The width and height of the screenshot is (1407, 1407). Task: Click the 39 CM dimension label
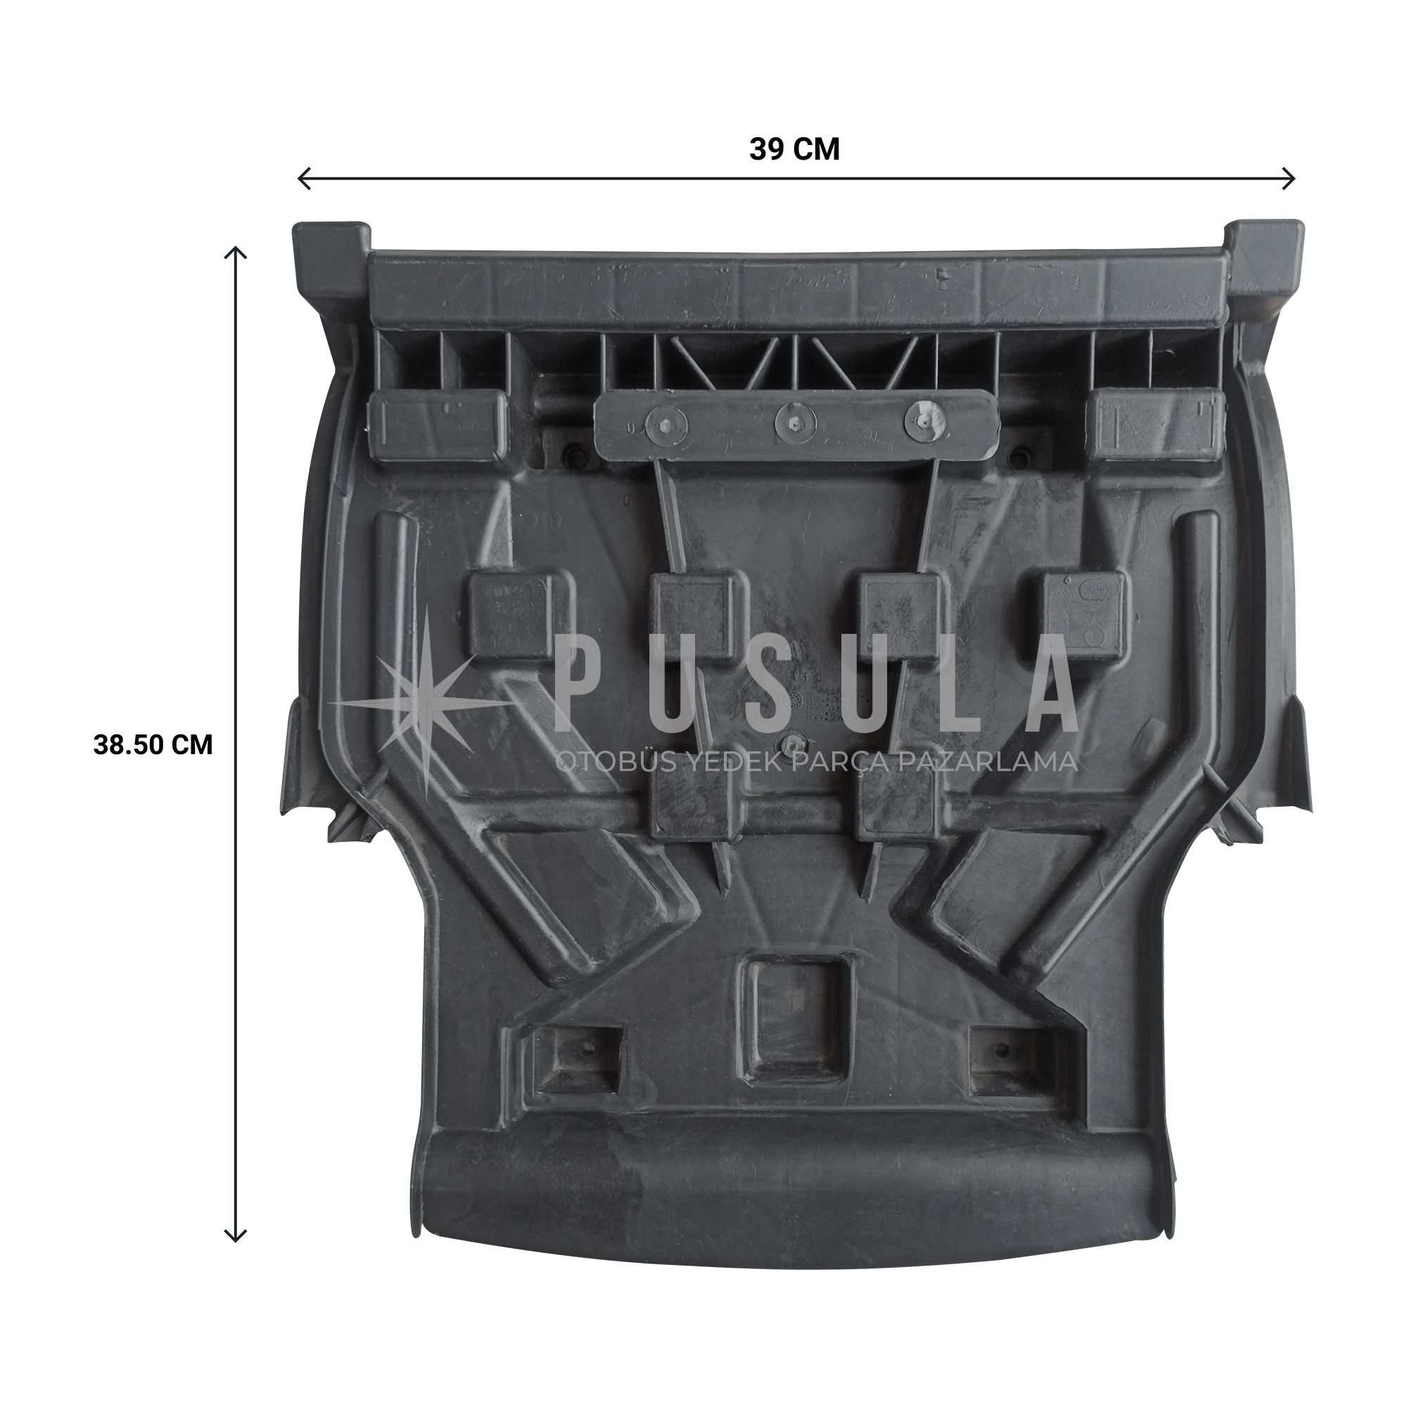pos(794,150)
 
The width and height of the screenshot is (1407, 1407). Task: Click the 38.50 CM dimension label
pos(153,745)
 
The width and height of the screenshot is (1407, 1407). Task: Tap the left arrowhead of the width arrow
pos(305,179)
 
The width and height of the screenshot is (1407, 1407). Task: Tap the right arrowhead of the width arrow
pos(1288,179)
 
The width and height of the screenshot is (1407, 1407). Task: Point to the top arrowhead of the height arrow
pos(235,253)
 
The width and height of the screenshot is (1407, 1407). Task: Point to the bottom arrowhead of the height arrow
pos(235,1235)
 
